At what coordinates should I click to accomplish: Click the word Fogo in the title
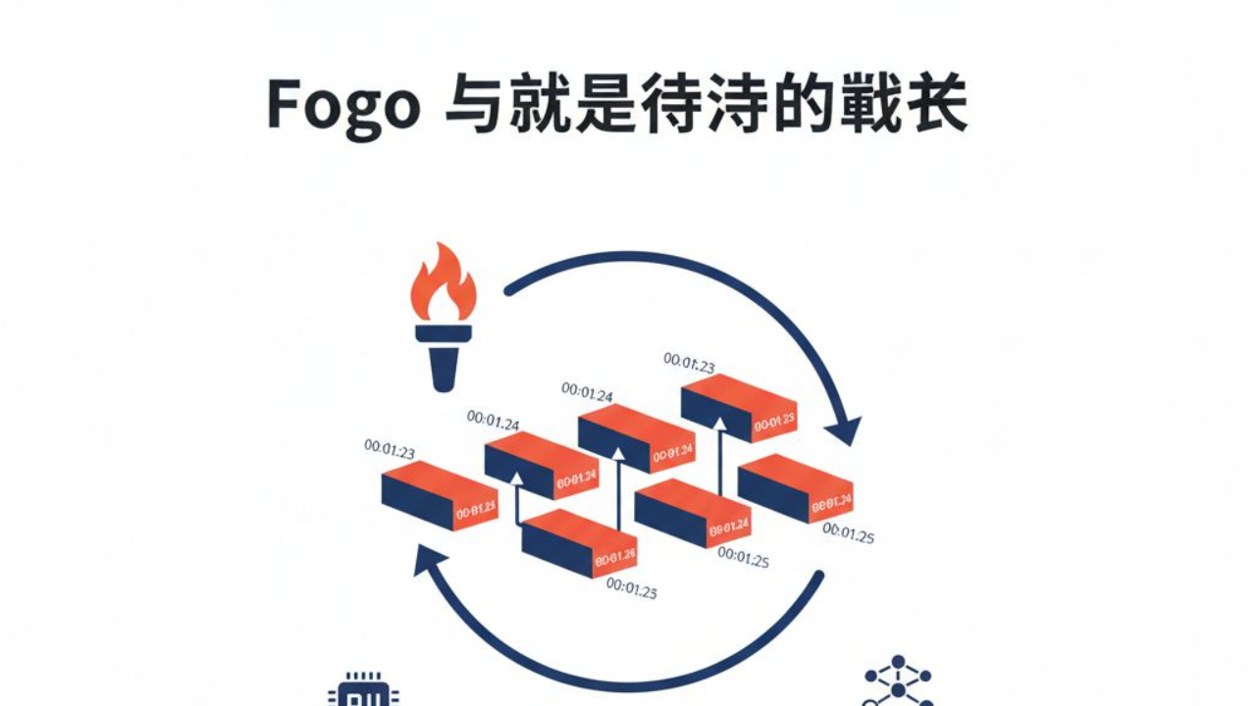[x=342, y=106]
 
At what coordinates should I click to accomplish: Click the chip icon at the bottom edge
[x=364, y=691]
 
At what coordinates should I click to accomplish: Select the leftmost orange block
[x=439, y=496]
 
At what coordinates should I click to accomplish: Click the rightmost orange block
[x=795, y=488]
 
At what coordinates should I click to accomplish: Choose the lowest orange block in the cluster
[x=579, y=543]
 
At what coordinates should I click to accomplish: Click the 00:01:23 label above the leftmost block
[x=390, y=449]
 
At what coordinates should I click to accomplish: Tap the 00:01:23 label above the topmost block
[x=689, y=363]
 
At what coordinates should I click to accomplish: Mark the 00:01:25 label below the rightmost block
[x=849, y=533]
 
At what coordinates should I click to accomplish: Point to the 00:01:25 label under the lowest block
[x=632, y=588]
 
